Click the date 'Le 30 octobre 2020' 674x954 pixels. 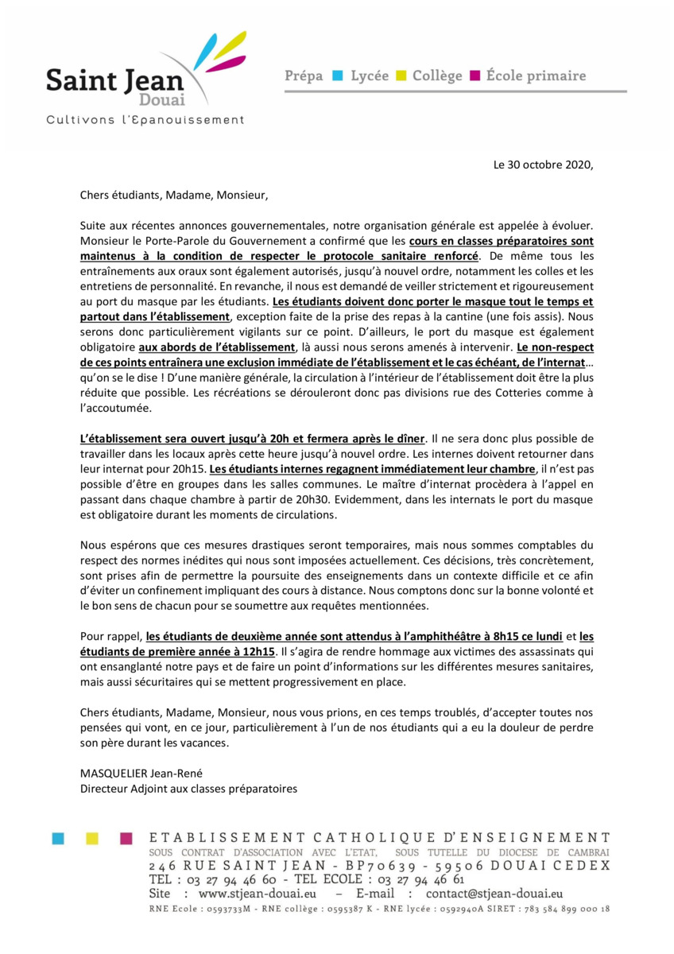click(x=544, y=166)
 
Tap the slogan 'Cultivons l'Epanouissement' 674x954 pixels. click(x=145, y=120)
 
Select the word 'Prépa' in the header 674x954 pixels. click(x=304, y=76)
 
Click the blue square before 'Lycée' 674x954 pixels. click(x=336, y=76)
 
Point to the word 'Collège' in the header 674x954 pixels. click(x=436, y=76)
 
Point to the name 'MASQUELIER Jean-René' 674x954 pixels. click(x=136, y=774)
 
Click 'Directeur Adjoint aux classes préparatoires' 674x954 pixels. click(x=188, y=789)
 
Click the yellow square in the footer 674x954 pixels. click(x=91, y=837)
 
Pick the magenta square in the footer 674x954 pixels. click(x=126, y=837)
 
